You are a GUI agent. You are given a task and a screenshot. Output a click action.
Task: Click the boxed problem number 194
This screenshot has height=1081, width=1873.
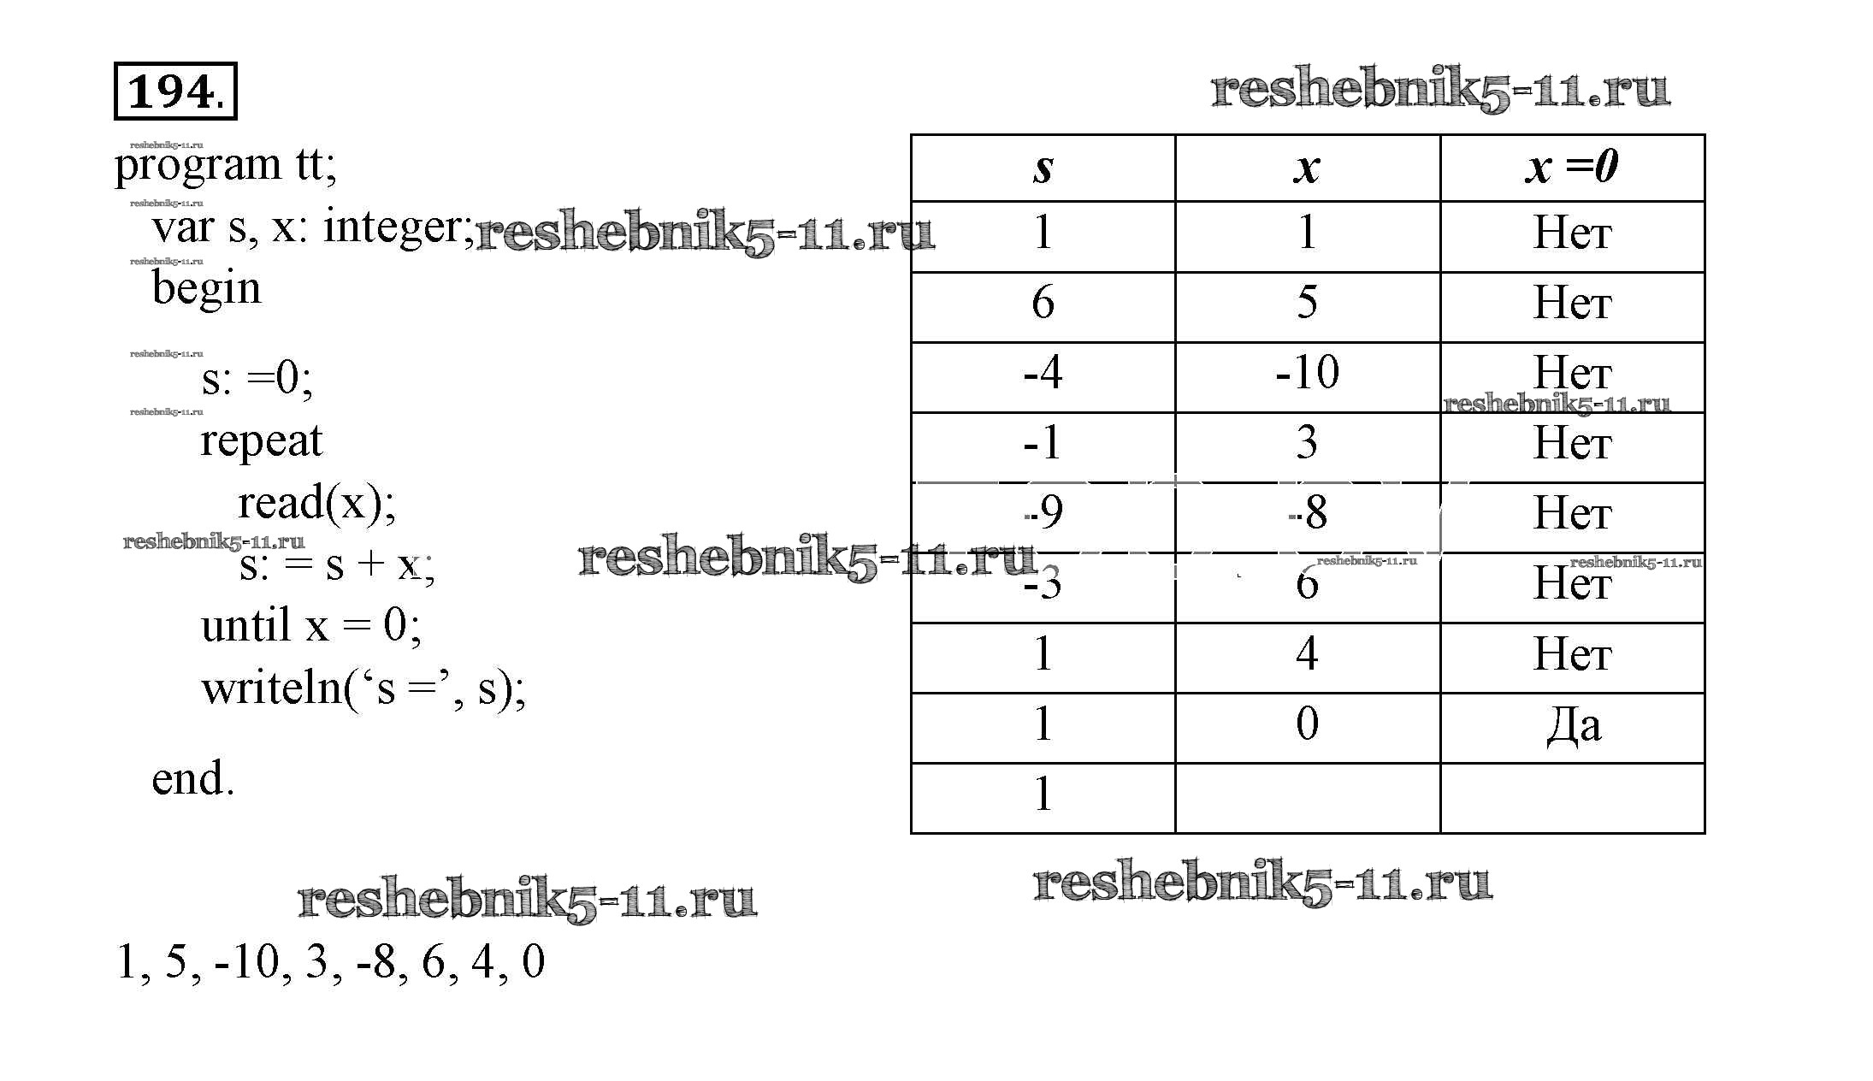(x=174, y=91)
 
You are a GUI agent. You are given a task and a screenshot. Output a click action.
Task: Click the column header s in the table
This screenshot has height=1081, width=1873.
(x=1043, y=168)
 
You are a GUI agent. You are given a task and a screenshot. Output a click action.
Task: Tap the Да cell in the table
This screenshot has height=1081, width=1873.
(x=1573, y=726)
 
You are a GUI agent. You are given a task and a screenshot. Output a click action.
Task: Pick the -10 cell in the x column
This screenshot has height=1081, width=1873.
(x=1307, y=373)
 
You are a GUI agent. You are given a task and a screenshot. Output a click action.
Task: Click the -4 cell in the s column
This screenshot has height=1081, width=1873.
(x=1043, y=373)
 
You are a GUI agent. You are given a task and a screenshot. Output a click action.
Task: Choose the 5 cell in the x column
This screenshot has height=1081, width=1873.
(x=1307, y=303)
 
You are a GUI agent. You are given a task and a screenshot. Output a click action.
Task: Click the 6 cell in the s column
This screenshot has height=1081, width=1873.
(x=1043, y=303)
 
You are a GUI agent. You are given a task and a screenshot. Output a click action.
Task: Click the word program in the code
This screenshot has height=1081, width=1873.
(x=198, y=165)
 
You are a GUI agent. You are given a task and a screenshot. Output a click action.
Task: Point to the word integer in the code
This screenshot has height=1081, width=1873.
(x=393, y=227)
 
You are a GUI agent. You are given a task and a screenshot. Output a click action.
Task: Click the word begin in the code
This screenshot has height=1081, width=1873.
(x=206, y=288)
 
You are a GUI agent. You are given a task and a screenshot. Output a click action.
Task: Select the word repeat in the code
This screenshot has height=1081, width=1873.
(x=261, y=442)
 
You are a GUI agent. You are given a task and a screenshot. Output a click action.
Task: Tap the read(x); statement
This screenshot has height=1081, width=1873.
(x=316, y=503)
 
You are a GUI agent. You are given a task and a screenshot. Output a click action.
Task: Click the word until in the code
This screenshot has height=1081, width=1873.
(x=245, y=626)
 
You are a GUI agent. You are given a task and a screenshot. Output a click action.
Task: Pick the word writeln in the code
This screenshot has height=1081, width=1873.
(x=271, y=688)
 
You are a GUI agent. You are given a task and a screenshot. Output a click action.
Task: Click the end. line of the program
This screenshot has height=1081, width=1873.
(x=192, y=779)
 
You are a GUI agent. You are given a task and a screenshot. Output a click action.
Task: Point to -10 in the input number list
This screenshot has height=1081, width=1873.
(x=248, y=962)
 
